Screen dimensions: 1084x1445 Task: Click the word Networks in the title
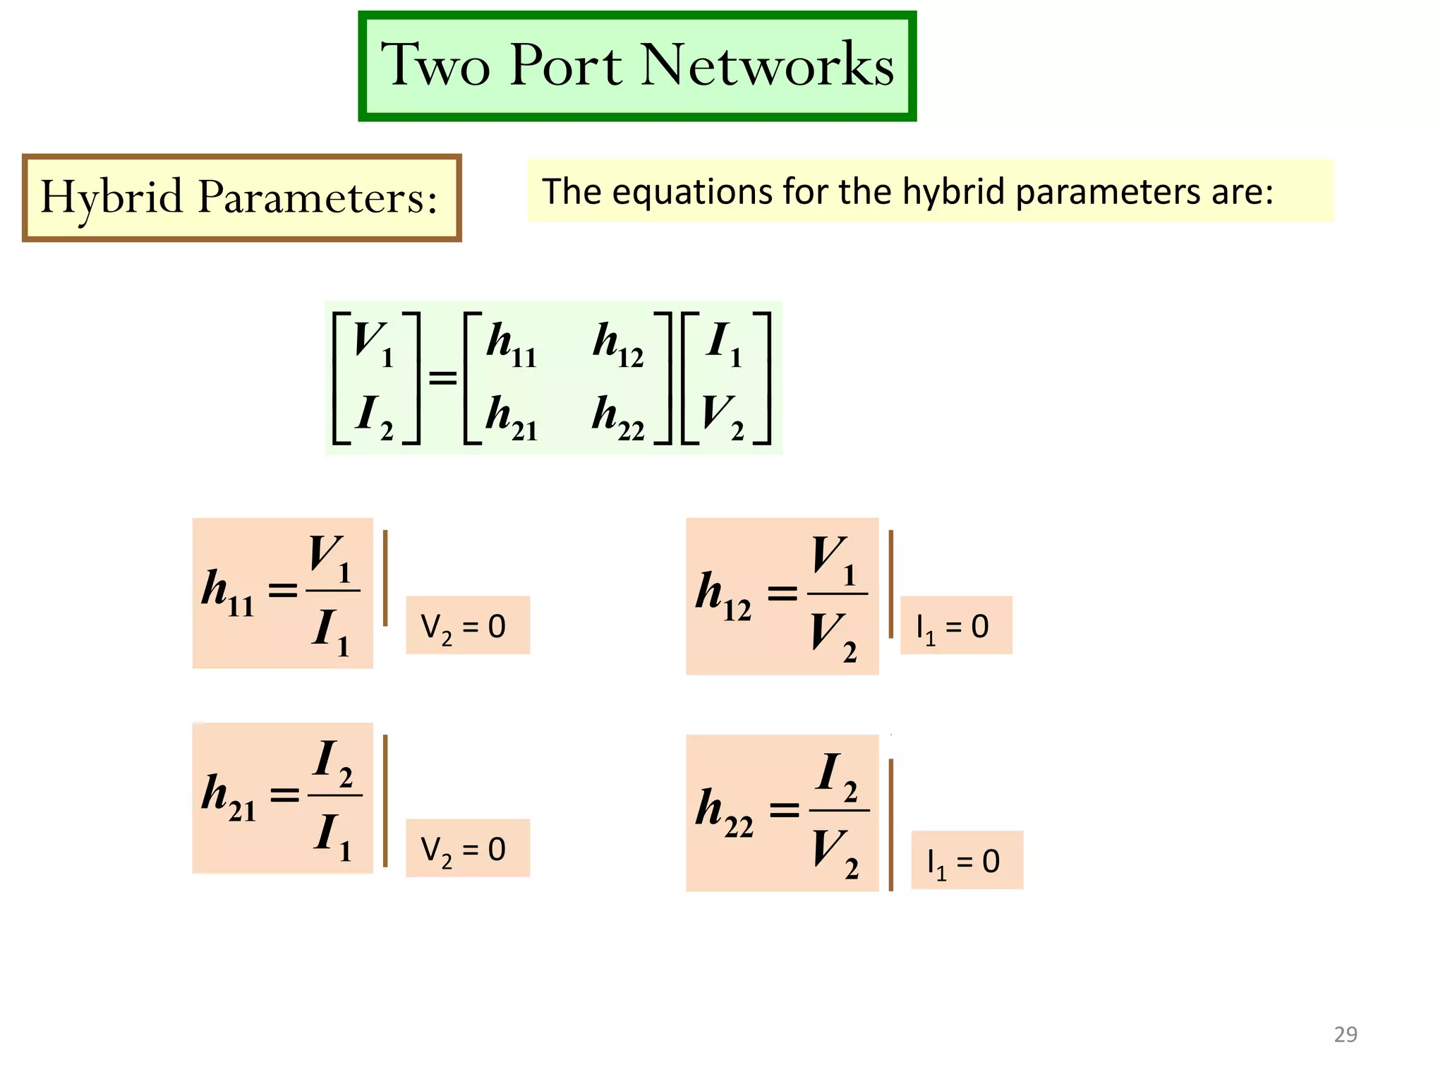pyautogui.click(x=767, y=65)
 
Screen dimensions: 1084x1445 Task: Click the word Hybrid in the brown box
pyautogui.click(x=111, y=197)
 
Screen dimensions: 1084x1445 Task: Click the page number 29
pyautogui.click(x=1345, y=1035)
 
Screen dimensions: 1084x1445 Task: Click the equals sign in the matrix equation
pyautogui.click(x=442, y=379)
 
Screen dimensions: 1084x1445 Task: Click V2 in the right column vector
pyautogui.click(x=724, y=418)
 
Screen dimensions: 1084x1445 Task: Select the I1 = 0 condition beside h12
pyautogui.click(x=955, y=626)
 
